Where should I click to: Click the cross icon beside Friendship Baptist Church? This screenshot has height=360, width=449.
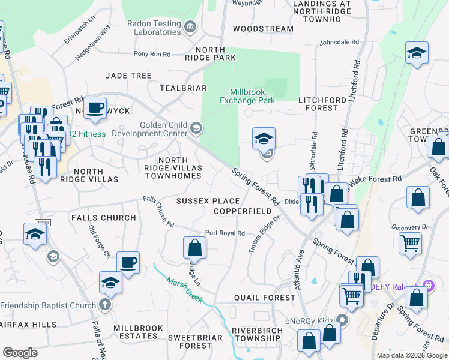104,305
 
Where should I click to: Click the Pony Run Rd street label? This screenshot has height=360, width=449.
152,54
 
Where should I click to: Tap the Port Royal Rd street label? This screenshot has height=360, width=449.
224,233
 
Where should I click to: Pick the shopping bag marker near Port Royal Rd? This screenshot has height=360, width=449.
194,247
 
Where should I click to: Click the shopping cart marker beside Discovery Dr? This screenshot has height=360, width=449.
410,243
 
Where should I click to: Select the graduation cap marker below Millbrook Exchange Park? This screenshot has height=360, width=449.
264,139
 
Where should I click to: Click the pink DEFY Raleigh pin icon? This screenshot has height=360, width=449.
427,286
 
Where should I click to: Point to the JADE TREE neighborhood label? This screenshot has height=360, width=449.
128,76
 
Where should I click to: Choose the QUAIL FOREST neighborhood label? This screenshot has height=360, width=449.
264,297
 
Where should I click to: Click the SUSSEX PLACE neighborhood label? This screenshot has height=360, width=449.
208,201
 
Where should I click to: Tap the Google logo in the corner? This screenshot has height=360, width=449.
20,353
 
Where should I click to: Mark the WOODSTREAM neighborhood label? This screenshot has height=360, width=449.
263,29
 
